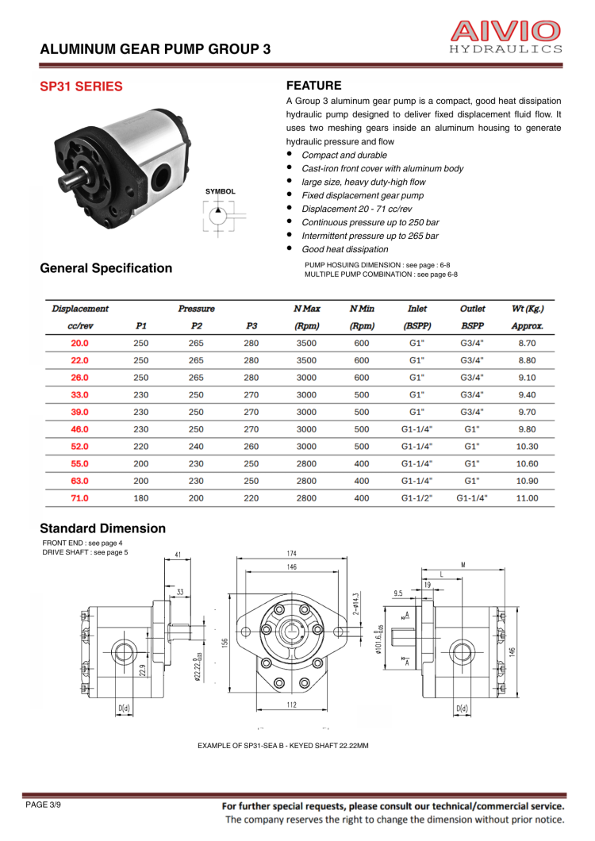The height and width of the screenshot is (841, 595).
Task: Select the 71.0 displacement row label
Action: coord(80,498)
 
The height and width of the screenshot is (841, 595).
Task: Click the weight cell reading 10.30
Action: coord(527,447)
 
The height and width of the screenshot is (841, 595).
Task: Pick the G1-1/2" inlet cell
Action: coord(417,498)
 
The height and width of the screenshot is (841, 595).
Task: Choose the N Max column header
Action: coord(306,308)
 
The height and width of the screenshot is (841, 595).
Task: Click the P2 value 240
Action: coord(196,447)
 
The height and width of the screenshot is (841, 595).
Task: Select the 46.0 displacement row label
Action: coord(80,429)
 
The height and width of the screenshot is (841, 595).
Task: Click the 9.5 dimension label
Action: coord(398,593)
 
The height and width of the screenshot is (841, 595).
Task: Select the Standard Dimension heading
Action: coord(103,528)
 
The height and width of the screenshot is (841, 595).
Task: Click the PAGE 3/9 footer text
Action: coord(43,805)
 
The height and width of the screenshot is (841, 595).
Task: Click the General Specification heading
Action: coord(106,268)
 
